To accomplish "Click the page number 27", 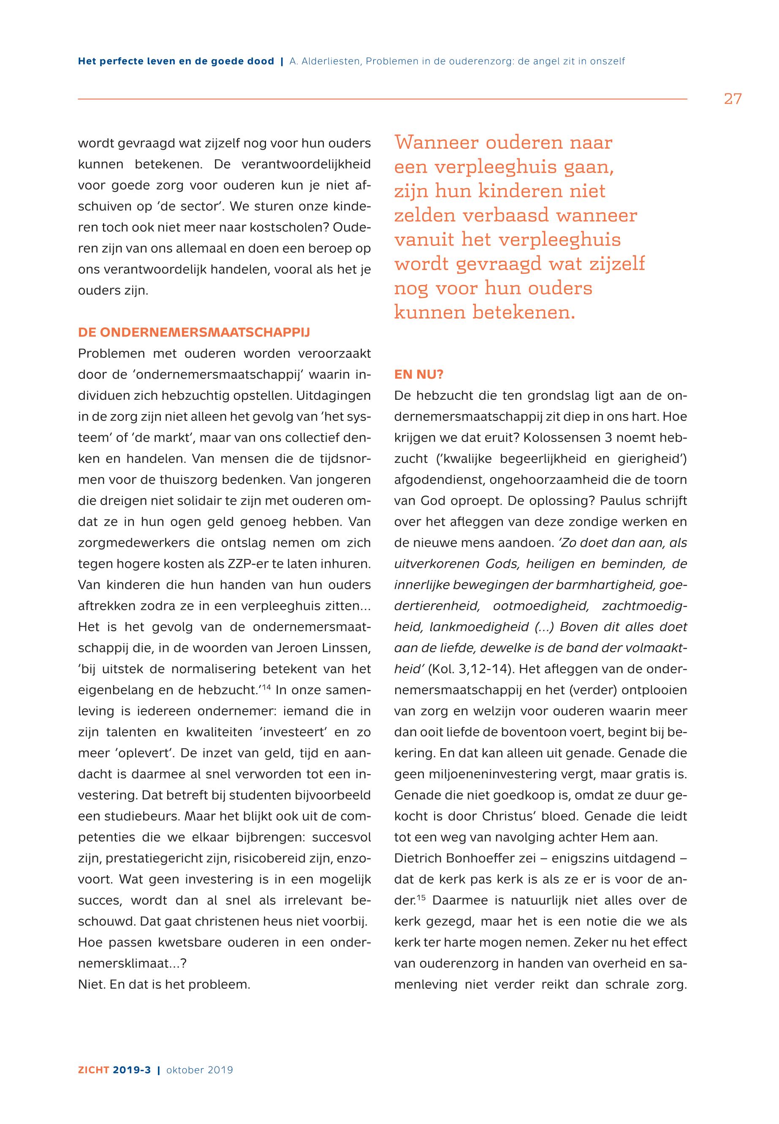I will (x=732, y=99).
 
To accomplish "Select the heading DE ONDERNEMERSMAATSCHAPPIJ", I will (x=194, y=333).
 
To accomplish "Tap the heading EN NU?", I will (x=418, y=375).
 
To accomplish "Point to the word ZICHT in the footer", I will (x=94, y=1070).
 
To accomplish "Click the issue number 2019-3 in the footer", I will (x=132, y=1070).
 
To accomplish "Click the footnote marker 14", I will (x=266, y=688).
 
